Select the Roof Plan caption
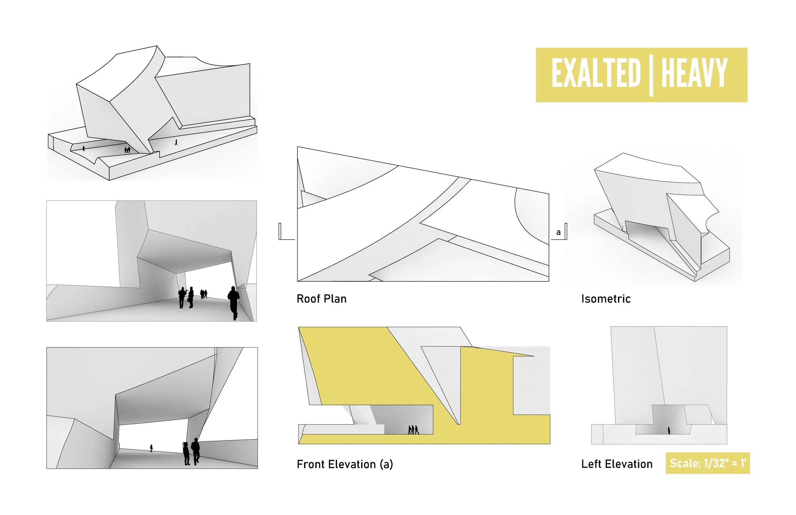[321, 299]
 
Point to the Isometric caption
[606, 299]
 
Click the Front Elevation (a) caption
[345, 464]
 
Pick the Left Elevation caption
[617, 464]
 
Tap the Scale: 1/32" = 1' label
[708, 463]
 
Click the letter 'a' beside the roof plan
[558, 232]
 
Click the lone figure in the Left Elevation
[669, 430]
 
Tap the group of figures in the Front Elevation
[413, 430]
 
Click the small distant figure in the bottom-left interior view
[152, 448]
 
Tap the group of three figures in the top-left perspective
[127, 150]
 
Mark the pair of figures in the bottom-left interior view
[191, 451]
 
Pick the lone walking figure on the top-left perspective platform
[176, 142]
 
